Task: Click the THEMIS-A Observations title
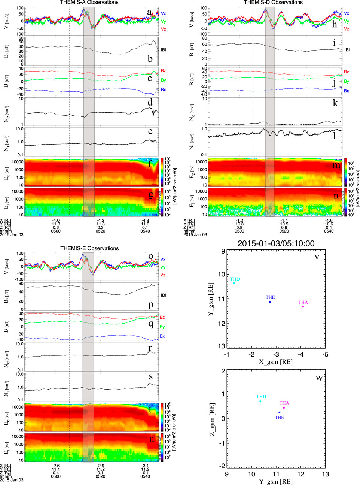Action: pos(89,3)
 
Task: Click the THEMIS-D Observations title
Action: pos(273,3)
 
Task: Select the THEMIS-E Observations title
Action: pos(89,248)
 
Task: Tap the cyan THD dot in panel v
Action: pos(234,283)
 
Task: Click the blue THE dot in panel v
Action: pos(270,302)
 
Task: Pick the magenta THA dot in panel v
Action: pos(303,307)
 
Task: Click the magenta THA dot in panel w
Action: pos(284,408)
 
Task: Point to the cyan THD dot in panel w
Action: pos(260,401)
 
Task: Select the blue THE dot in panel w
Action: pos(279,412)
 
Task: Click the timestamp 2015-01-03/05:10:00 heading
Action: pos(276,244)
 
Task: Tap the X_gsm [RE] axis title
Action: pos(276,362)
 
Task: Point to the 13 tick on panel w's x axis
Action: pos(325,475)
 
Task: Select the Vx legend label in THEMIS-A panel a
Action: pos(163,13)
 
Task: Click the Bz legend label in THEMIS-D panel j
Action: pos(347,72)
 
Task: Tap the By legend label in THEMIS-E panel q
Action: pos(162,327)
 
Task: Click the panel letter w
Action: pos(319,378)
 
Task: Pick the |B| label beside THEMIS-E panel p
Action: pos(163,295)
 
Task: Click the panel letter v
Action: pos(317,257)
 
